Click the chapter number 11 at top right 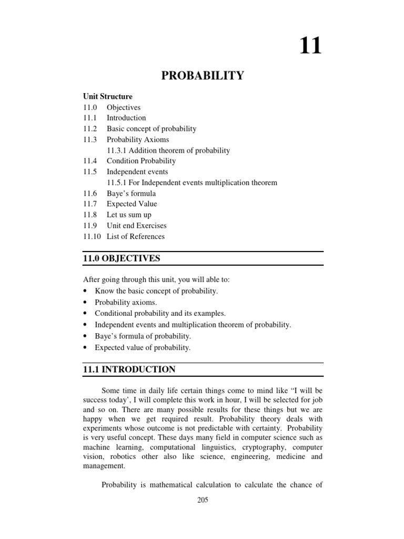point(310,46)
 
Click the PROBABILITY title point(202,76)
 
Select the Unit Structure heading point(108,96)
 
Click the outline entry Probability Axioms point(138,139)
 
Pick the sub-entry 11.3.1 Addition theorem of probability point(168,151)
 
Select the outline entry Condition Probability point(141,161)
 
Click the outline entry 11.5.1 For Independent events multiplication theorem point(192,183)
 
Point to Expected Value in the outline point(132,204)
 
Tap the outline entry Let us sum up point(129,215)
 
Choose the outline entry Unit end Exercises point(136,226)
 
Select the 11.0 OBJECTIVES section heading point(121,258)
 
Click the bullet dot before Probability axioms point(85,303)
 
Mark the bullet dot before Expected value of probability point(85,348)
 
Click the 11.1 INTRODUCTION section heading point(129,370)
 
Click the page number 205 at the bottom point(202,501)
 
